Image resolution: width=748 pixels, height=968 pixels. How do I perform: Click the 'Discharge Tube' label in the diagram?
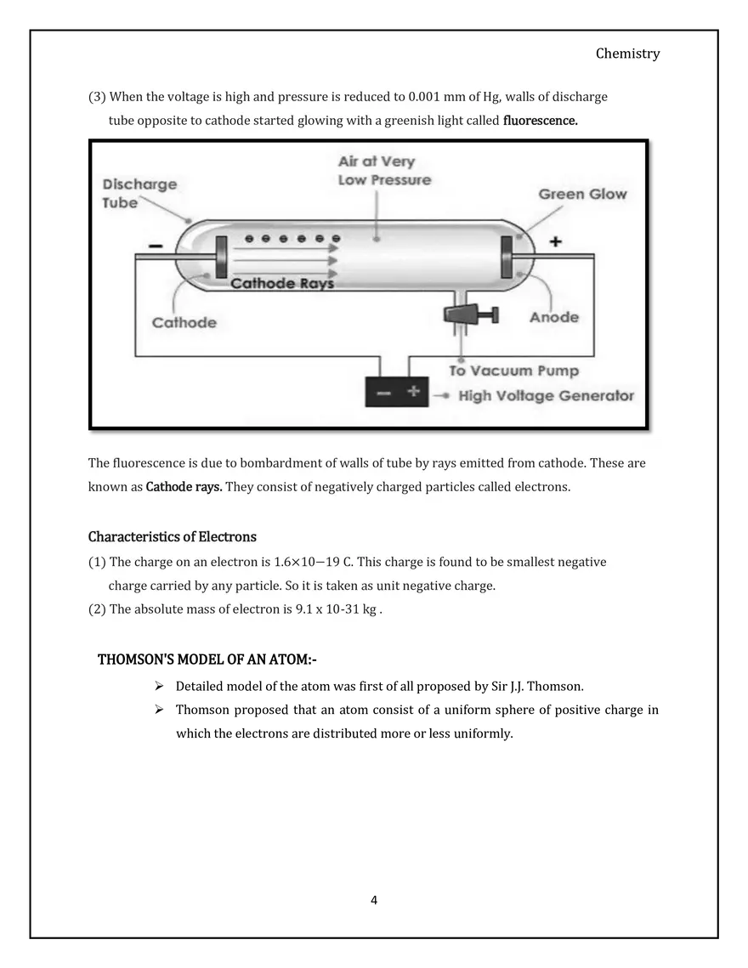click(x=139, y=193)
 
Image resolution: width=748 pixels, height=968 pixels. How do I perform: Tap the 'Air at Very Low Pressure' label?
click(x=384, y=171)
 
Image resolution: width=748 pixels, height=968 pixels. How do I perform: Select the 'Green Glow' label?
click(x=582, y=194)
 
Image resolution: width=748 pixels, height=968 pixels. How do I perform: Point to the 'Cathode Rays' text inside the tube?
click(x=282, y=284)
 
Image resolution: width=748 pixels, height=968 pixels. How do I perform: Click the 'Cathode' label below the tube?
click(x=184, y=322)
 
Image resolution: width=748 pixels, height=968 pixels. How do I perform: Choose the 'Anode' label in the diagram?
click(x=553, y=317)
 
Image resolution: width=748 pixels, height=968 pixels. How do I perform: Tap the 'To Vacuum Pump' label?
click(x=513, y=371)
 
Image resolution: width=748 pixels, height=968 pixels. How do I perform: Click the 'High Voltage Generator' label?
click(x=546, y=396)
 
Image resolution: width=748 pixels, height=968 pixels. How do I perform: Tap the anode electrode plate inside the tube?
click(x=507, y=257)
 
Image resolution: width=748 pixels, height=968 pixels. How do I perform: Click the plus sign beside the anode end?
click(x=555, y=242)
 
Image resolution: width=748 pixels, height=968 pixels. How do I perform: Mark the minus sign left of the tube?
click(x=156, y=246)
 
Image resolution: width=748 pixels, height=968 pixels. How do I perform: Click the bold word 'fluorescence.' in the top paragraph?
click(x=540, y=121)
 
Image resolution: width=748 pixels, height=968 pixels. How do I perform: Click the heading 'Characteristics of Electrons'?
click(x=173, y=537)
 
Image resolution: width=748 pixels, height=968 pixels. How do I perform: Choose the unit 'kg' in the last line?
click(x=369, y=609)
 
